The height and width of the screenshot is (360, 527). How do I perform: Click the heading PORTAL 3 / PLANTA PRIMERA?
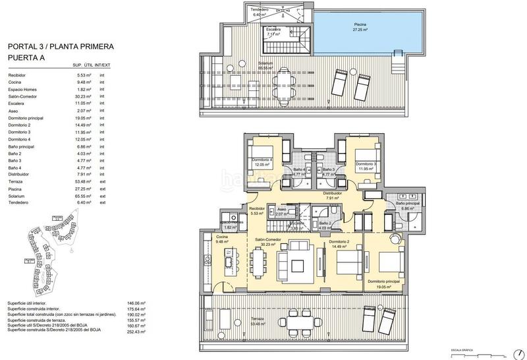coord(61,47)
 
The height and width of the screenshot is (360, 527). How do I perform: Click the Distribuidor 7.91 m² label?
coord(331,196)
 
